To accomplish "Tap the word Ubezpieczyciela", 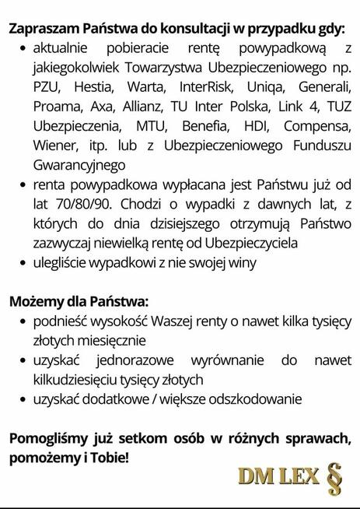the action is click(265, 243).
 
